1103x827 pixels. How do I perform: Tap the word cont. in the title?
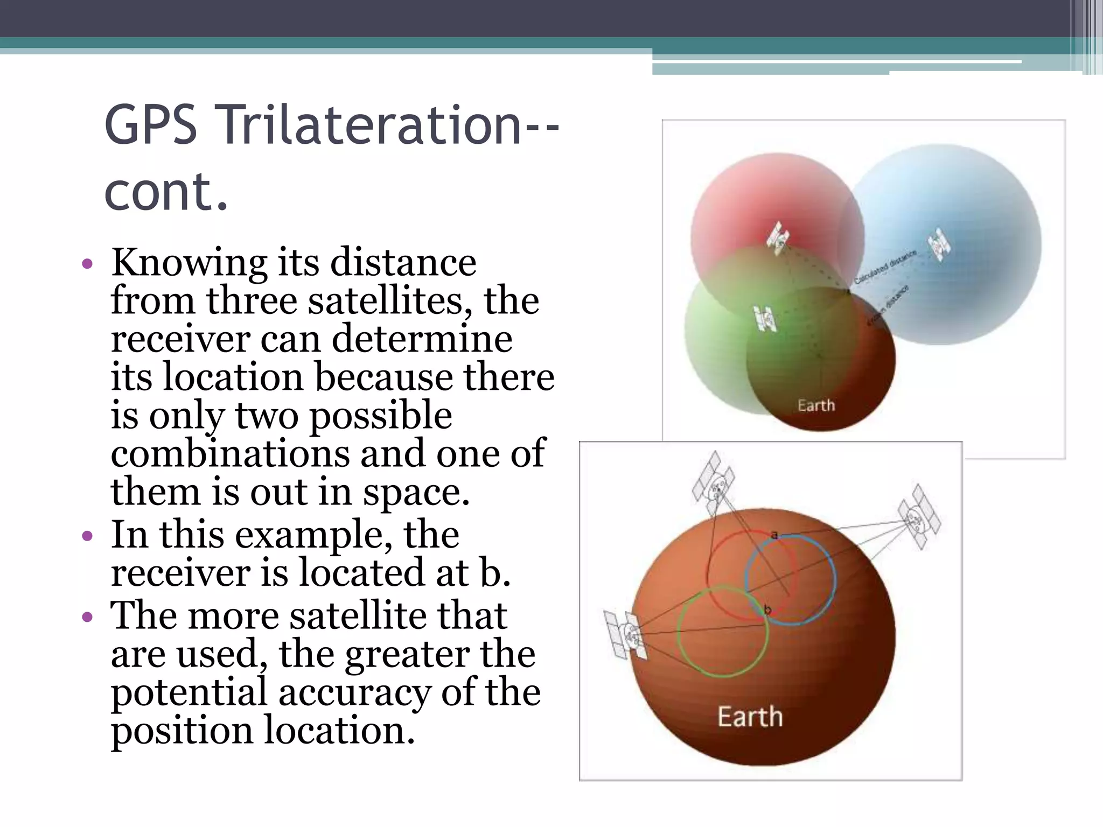166,192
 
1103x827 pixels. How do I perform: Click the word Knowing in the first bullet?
189,263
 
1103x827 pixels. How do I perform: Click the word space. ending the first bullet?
415,492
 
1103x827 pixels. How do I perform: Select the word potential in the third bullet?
189,693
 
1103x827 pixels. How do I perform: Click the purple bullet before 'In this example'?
87,536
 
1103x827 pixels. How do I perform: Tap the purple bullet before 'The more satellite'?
87,616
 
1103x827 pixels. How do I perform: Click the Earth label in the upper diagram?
816,405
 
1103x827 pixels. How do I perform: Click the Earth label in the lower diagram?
750,717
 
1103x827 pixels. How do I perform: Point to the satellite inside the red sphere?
779,237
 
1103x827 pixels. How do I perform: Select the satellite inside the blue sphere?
939,244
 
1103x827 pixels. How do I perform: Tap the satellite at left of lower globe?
626,635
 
